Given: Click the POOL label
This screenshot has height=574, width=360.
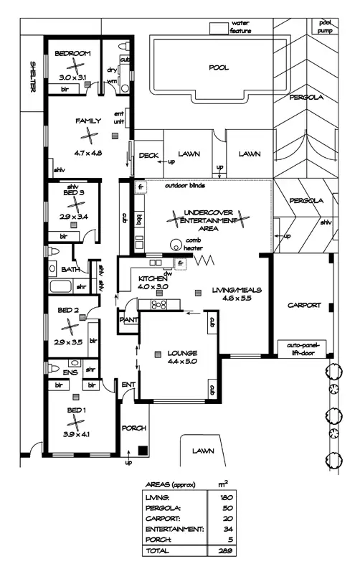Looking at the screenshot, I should [x=218, y=67].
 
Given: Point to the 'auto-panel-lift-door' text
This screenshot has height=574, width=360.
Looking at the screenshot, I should [x=303, y=349].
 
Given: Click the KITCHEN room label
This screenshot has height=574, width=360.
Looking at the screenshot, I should [x=153, y=278].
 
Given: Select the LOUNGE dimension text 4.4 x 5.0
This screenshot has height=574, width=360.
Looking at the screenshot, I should [x=183, y=362].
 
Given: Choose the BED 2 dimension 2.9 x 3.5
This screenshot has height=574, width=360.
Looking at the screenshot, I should [x=68, y=322].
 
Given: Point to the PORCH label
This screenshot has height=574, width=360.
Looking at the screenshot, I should [x=134, y=428].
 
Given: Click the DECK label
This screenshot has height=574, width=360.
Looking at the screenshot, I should [x=148, y=155].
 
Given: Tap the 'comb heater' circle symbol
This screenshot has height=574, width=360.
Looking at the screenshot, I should [x=174, y=244].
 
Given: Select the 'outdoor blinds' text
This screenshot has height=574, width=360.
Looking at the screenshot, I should [x=184, y=186].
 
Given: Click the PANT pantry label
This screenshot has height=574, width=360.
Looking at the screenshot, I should [x=130, y=319].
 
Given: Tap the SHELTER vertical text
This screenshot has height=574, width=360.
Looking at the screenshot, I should [x=32, y=75].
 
